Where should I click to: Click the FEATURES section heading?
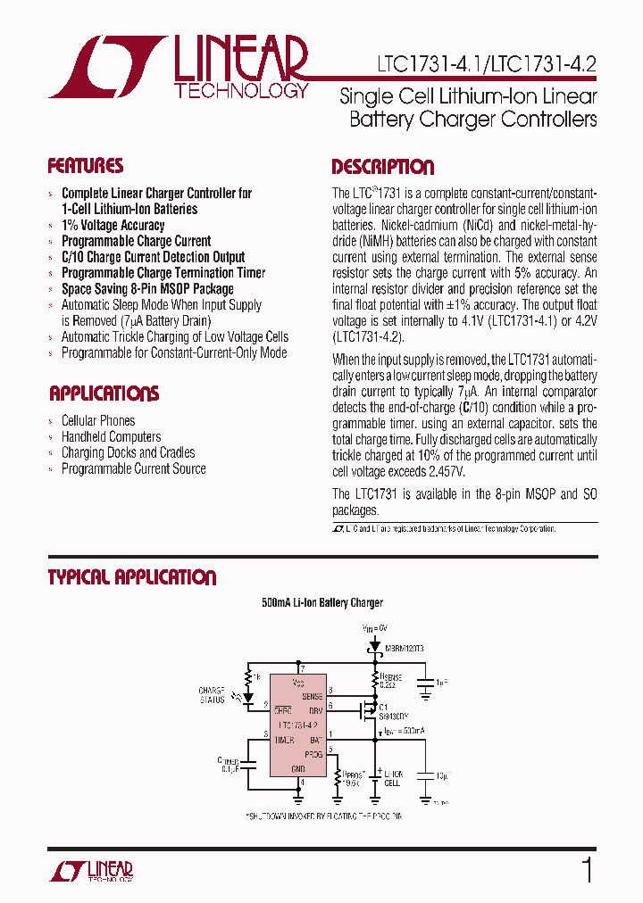coord(86,166)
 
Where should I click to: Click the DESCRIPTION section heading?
coord(382,167)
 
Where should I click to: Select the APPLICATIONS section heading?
coord(104,394)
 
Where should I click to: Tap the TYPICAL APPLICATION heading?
coord(132,577)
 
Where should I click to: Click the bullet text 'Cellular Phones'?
coord(98,420)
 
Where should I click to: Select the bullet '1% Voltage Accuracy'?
coord(113,225)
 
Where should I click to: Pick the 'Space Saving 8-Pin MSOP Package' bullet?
coord(147,289)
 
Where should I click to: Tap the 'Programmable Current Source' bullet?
coord(133,468)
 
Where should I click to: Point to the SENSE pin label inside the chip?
coord(313,695)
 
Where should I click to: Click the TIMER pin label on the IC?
coord(286,740)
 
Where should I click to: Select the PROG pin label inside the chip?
coord(313,754)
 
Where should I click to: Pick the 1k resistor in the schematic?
coord(256,678)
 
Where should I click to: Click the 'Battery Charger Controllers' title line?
coord(473,120)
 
